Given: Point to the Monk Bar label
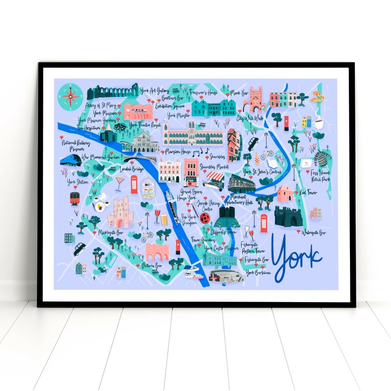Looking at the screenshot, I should tap(239, 91).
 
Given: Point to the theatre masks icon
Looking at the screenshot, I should tap(120, 125).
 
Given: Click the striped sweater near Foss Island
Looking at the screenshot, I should tap(322, 157).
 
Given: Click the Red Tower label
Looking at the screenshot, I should tap(308, 192).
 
